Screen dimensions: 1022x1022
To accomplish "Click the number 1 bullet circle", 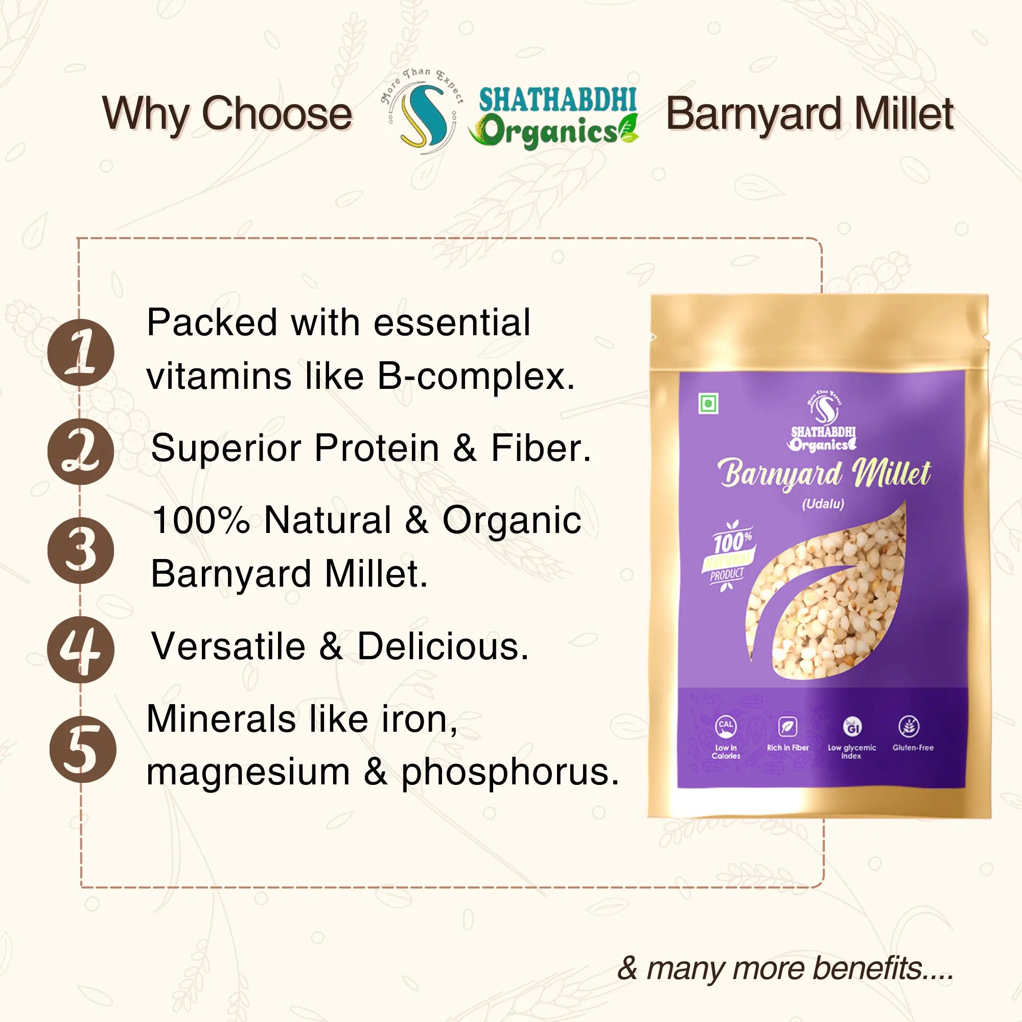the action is (x=81, y=352).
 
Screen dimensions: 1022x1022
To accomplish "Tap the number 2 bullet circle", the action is (x=81, y=451).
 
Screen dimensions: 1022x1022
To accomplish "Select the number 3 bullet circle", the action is (x=81, y=550).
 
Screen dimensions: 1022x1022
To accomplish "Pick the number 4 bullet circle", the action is (x=81, y=649).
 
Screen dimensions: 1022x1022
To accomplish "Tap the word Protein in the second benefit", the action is (x=377, y=448).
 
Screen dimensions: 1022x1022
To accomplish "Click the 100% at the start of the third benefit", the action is (x=201, y=520).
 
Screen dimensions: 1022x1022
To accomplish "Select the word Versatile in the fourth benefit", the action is (x=228, y=646).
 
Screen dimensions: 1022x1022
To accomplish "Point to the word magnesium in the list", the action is (x=248, y=773).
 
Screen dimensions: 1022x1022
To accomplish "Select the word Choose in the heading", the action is (x=277, y=114).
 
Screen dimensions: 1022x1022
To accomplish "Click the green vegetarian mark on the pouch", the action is (x=707, y=404).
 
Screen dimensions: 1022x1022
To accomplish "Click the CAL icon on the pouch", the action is (x=726, y=727).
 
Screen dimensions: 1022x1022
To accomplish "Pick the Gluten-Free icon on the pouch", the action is (x=909, y=726).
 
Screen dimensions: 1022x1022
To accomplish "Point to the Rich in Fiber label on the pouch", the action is (x=788, y=748).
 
